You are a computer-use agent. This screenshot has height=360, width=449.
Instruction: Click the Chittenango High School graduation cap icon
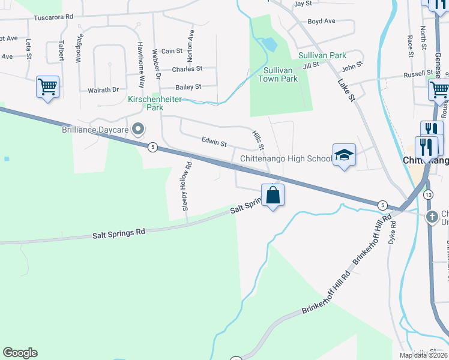coord(345,155)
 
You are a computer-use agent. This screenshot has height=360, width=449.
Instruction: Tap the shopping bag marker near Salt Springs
coord(273,195)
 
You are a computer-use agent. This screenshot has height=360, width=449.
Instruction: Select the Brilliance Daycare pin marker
coord(139,128)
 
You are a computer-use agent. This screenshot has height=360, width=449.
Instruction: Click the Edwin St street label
coord(214,143)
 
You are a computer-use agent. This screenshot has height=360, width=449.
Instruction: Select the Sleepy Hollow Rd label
coord(187,186)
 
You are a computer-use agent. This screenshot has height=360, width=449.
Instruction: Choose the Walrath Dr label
coord(103,90)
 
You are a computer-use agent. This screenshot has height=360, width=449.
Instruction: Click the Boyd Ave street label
coord(321,21)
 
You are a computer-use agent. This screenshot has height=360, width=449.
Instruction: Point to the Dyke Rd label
coord(393,232)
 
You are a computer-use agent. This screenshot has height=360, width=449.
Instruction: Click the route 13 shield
coord(428,195)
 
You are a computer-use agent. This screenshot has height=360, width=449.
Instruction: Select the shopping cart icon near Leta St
coord(47,86)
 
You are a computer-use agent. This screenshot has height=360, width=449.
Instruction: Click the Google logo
coord(20,353)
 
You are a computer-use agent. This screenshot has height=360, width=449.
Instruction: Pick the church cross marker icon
coord(432,217)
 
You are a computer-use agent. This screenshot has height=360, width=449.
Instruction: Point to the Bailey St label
coord(189,87)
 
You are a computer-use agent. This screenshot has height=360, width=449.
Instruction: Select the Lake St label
coord(347,91)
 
